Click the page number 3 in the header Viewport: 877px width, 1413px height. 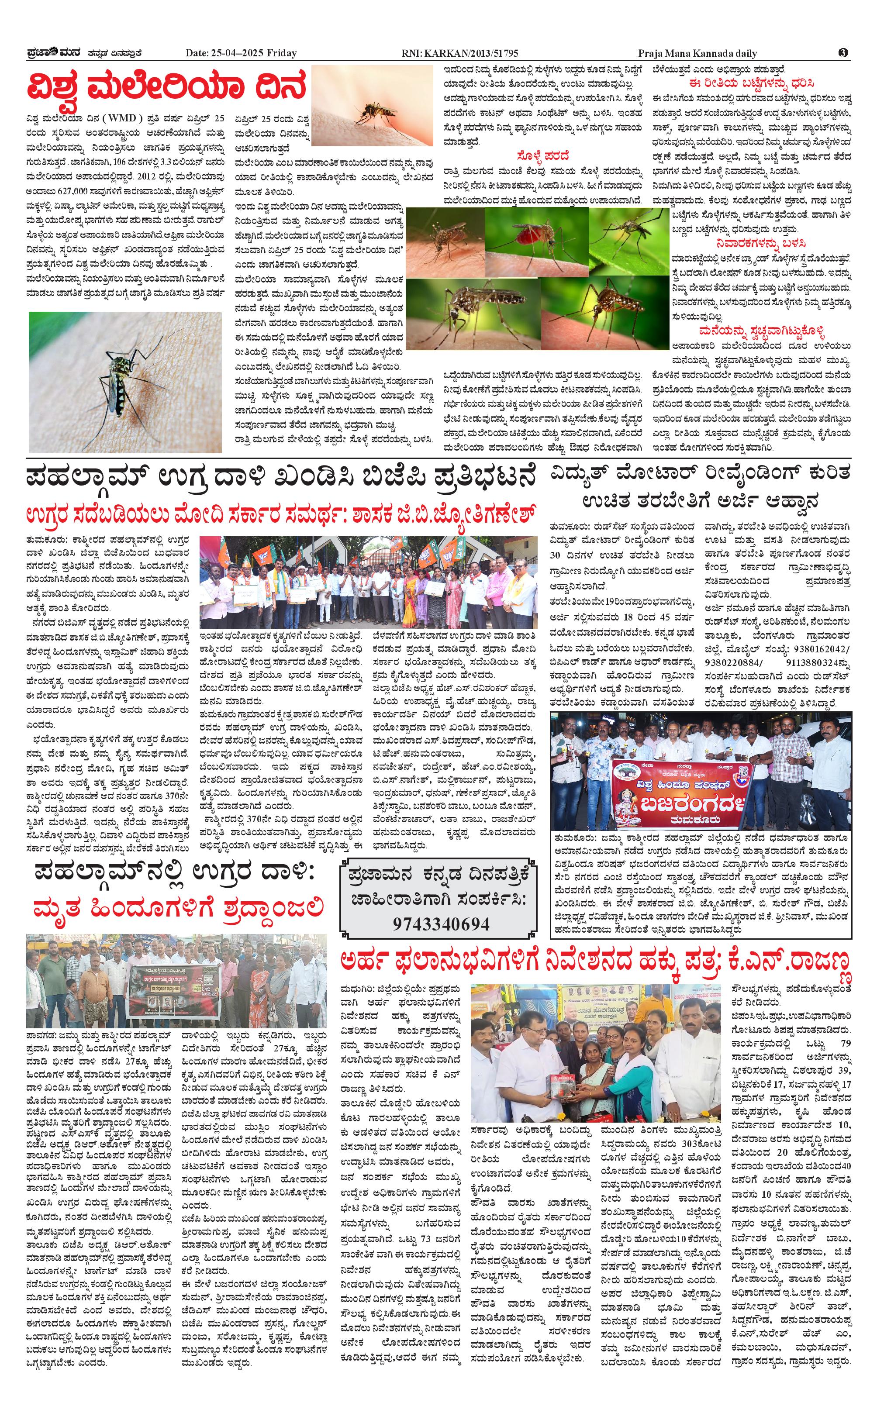[843, 53]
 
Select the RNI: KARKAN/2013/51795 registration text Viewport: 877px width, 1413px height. [460, 53]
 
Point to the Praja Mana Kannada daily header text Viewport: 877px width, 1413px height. [698, 53]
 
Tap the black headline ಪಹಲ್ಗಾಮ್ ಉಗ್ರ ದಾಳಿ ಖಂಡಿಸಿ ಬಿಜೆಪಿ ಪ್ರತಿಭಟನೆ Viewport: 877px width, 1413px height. [280, 479]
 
